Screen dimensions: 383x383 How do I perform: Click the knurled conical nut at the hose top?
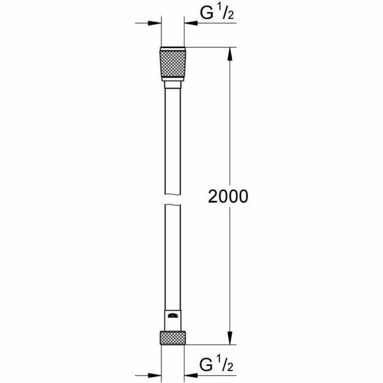click(x=172, y=64)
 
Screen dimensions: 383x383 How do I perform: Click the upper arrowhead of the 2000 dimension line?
click(x=230, y=54)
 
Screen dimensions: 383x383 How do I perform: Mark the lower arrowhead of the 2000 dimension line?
click(x=230, y=337)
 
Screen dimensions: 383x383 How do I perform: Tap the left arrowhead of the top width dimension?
click(x=155, y=23)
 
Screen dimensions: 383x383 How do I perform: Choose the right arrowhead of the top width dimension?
click(x=190, y=23)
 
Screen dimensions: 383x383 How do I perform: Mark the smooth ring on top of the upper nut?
click(x=172, y=49)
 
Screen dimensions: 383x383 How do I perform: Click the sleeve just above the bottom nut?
click(x=172, y=324)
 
